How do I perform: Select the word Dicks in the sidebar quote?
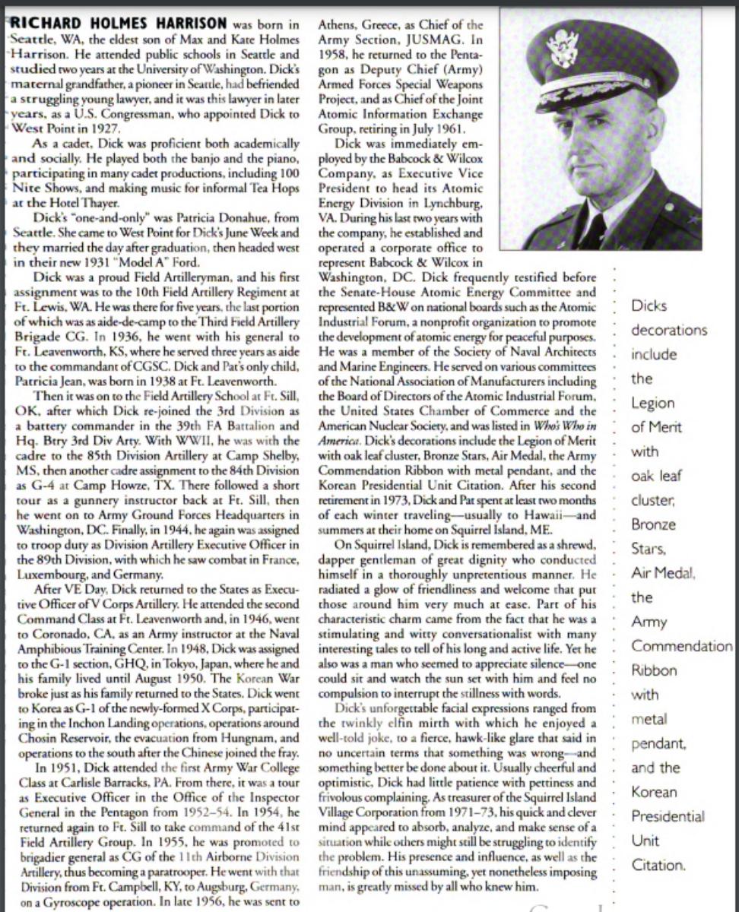649,306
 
